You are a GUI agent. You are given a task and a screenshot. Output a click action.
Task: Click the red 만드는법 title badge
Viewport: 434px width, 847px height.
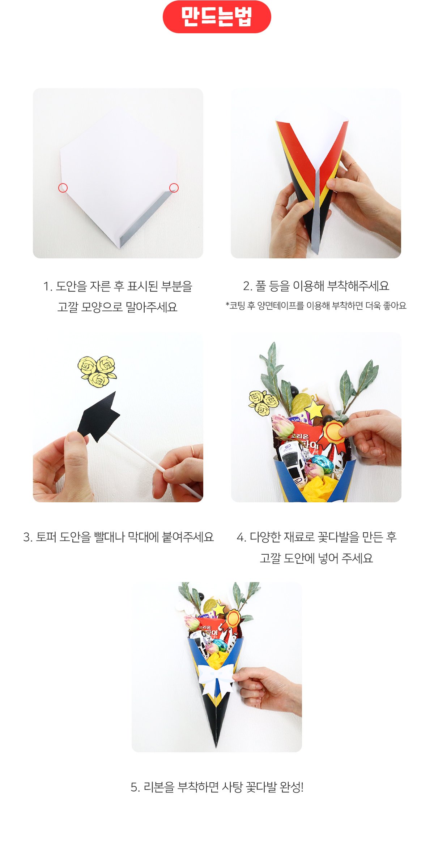(x=217, y=17)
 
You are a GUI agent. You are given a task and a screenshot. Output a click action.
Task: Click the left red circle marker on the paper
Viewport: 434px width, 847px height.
(x=63, y=188)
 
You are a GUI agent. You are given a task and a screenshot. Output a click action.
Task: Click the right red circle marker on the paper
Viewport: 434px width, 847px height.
(x=174, y=188)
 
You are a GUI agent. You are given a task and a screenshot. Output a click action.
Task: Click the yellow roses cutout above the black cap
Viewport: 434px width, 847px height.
(x=97, y=371)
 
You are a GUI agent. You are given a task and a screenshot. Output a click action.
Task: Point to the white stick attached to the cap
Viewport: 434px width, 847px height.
(x=154, y=464)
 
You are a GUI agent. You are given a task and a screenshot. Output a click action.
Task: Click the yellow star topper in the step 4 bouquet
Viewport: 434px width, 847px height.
(x=315, y=410)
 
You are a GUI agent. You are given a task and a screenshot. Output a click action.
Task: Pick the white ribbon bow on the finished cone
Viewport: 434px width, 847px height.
(x=217, y=679)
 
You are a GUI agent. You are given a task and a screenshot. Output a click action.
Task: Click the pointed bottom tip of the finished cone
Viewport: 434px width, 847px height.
(x=216, y=747)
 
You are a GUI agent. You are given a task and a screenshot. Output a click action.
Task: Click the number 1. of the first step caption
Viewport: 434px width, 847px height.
(x=47, y=287)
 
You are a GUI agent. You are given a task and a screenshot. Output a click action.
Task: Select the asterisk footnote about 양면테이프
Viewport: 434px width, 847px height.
(x=316, y=306)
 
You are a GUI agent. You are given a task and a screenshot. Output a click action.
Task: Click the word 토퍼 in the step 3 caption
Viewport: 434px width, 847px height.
(x=46, y=537)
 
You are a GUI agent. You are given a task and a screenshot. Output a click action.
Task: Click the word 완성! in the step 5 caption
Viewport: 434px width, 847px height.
(x=292, y=787)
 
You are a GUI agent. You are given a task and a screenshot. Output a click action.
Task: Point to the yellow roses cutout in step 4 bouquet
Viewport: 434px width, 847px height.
(x=263, y=403)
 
